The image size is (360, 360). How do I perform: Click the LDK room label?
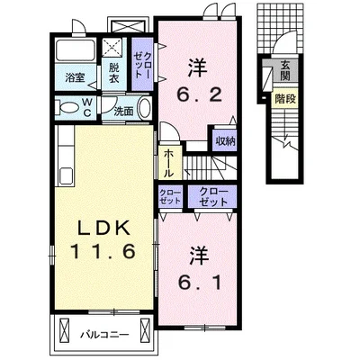coord(103,229)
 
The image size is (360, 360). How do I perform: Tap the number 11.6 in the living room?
coord(103,251)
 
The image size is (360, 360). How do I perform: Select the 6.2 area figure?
coord(199,95)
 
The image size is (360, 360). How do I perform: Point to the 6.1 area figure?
coord(200,282)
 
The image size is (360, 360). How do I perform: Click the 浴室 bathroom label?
coord(75,78)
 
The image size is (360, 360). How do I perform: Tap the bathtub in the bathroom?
coord(76,50)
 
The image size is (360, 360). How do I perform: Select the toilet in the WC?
coord(69,108)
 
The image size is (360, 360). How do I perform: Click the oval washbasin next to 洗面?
coord(145,108)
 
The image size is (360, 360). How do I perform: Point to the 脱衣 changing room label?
coord(113,73)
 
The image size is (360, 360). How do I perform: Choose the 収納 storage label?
coord(225,140)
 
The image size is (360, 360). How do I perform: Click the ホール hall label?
coord(169,164)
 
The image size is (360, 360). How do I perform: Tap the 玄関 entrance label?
coord(284,70)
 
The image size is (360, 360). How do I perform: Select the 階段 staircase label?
coord(285,98)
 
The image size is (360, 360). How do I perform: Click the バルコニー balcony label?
coord(104,335)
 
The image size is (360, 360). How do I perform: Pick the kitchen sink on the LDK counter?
coord(66,175)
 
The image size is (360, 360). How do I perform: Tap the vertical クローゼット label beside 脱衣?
coord(142,66)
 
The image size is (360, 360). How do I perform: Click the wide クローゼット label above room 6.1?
coord(213,197)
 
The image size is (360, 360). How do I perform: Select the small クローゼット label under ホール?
coord(170,197)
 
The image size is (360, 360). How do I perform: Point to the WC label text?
coord(87,108)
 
